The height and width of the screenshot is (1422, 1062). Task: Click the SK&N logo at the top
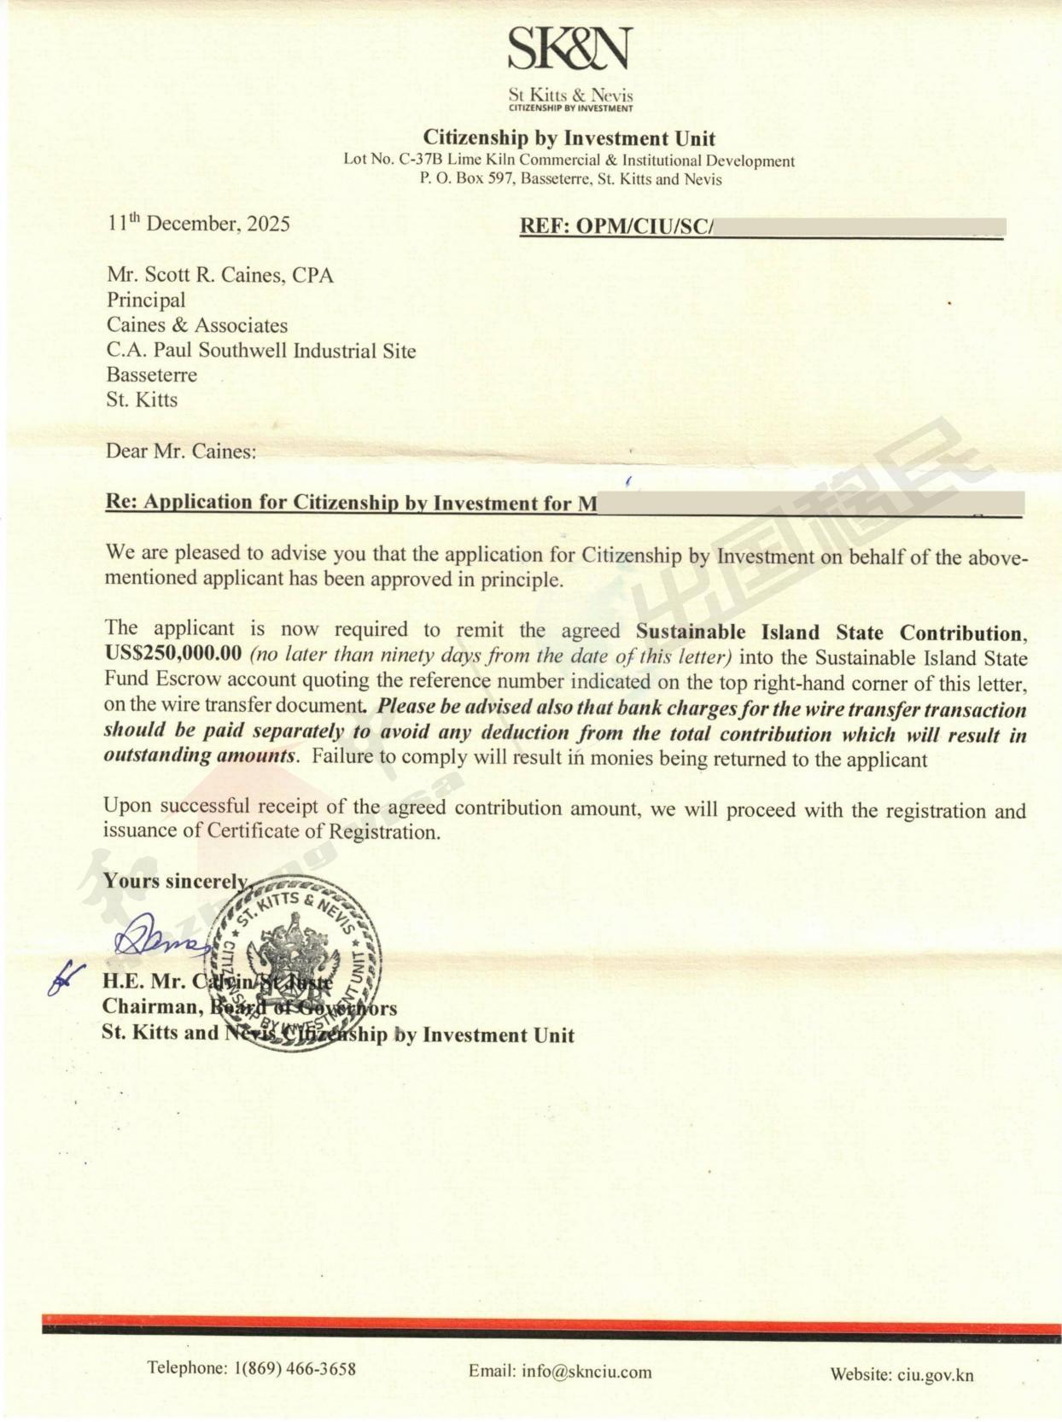pyautogui.click(x=569, y=49)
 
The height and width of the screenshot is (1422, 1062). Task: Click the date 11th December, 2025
pyautogui.click(x=198, y=224)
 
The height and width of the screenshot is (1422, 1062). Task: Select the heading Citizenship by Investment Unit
pyautogui.click(x=569, y=138)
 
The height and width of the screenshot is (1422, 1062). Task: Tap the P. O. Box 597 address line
pyautogui.click(x=569, y=179)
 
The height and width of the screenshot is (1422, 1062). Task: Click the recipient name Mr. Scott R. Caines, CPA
pyautogui.click(x=219, y=275)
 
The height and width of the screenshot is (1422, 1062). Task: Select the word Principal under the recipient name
pyautogui.click(x=145, y=300)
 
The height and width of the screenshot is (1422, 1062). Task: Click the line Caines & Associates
pyautogui.click(x=196, y=325)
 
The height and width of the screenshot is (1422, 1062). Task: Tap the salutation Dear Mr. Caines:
pyautogui.click(x=180, y=451)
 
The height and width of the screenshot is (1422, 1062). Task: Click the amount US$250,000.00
pyautogui.click(x=173, y=656)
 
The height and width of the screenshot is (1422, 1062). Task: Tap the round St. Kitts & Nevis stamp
pyautogui.click(x=295, y=965)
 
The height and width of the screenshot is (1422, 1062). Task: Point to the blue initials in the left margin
pyautogui.click(x=65, y=976)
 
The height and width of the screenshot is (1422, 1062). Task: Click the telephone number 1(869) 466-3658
pyautogui.click(x=294, y=1368)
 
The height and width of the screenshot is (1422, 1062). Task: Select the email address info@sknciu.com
pyautogui.click(x=586, y=1372)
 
